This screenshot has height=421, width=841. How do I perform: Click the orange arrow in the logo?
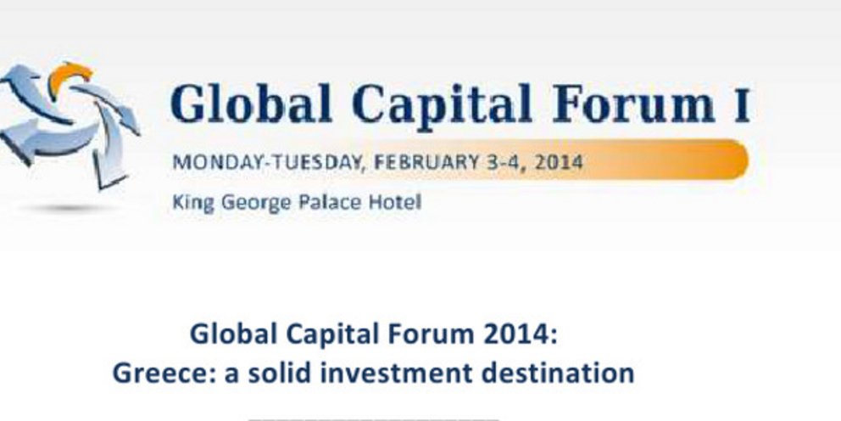pyautogui.click(x=69, y=76)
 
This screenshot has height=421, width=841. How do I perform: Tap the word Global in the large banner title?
pyautogui.click(x=251, y=104)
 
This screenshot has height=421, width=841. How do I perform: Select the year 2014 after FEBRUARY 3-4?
pyautogui.click(x=559, y=162)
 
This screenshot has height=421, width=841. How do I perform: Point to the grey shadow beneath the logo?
pyautogui.click(x=70, y=208)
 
